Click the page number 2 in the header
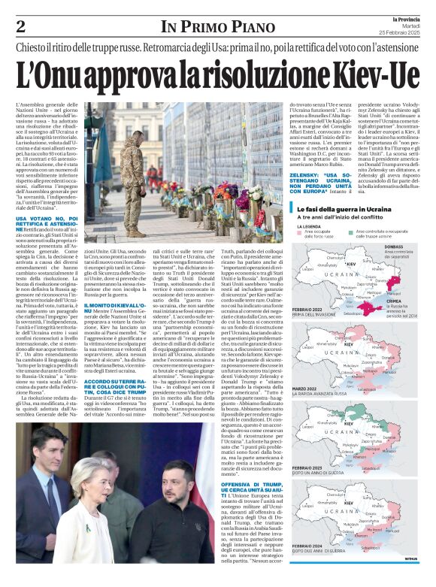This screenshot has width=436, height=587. [21, 26]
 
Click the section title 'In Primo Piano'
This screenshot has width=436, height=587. [202, 27]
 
